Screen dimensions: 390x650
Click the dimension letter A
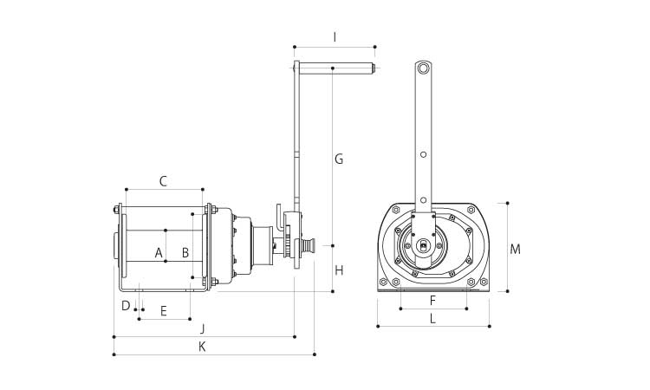tap(159, 253)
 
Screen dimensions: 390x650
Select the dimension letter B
tap(185, 253)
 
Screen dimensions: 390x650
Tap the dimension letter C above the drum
tap(163, 181)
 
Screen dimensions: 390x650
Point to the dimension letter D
tap(126, 306)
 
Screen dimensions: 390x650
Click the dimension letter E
tap(163, 310)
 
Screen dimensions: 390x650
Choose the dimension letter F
tap(433, 301)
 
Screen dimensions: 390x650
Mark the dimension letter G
tap(339, 159)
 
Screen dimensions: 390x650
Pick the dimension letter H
tap(339, 270)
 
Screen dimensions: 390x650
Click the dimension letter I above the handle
tap(335, 37)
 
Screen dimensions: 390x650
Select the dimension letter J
tap(202, 328)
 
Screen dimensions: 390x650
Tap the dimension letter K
tap(202, 347)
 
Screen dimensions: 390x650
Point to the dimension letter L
tap(433, 318)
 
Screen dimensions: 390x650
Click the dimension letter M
tap(515, 250)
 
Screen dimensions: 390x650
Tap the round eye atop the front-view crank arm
tap(423, 68)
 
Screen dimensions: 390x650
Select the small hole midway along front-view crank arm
tap(423, 154)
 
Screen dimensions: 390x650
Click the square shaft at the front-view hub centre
tap(423, 246)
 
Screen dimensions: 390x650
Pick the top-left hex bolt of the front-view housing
tap(396, 210)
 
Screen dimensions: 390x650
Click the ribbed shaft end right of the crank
tap(308, 246)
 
